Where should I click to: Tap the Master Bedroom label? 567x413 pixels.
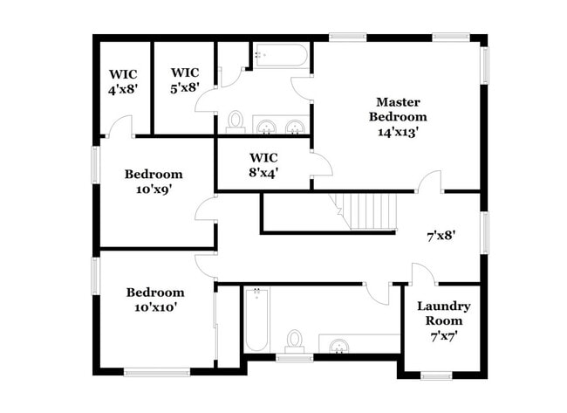point(398,108)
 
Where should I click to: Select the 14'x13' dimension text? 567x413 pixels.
point(398,132)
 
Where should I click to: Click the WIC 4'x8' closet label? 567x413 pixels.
point(123,81)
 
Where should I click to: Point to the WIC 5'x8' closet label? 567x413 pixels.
point(185,79)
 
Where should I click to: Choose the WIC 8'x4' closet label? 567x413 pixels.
point(263,165)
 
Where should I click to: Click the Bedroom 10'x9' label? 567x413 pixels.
point(153,181)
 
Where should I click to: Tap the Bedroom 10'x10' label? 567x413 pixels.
point(155,299)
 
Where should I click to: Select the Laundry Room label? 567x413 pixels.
point(443,313)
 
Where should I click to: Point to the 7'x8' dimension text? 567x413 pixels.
point(441,235)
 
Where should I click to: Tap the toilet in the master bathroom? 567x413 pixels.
point(236,120)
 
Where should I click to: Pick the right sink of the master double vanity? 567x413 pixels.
point(296,126)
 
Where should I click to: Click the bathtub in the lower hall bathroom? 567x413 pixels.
point(256,319)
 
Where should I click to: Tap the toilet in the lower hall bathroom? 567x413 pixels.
point(295,341)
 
